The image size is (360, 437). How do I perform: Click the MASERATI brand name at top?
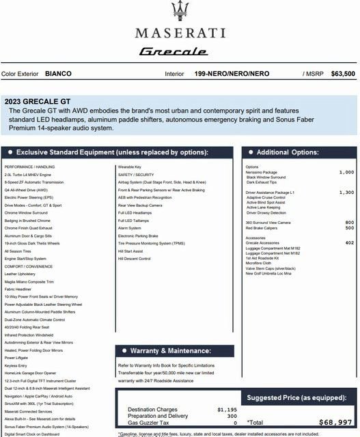tap(180, 32)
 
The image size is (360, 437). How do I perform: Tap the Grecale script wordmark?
tap(179, 51)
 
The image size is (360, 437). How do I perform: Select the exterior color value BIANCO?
tap(58, 73)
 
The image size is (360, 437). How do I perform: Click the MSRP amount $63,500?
tap(342, 73)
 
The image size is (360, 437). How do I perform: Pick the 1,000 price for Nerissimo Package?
tap(346, 173)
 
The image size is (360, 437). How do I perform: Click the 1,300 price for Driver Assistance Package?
tap(346, 193)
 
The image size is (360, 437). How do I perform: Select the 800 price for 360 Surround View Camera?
tap(350, 223)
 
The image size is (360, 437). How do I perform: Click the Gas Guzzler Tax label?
tap(149, 423)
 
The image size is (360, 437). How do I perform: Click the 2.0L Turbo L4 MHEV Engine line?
tap(27, 174)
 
